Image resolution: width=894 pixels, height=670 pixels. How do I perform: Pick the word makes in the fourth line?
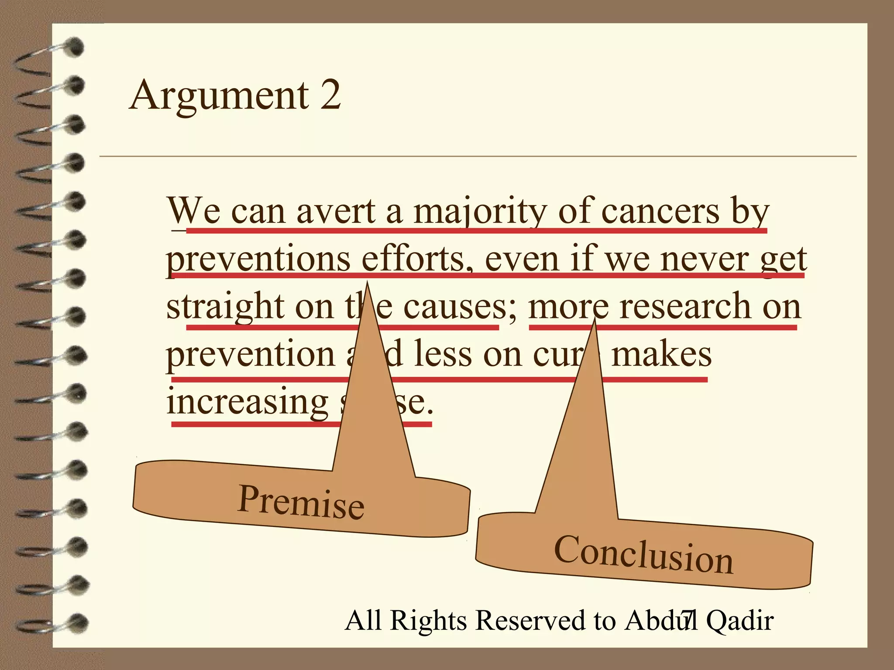click(x=661, y=354)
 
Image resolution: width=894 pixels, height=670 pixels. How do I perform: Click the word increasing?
click(x=247, y=402)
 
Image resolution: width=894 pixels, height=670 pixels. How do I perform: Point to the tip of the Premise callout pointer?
click(x=367, y=283)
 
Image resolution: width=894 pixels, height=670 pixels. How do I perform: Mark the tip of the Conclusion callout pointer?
click(x=594, y=319)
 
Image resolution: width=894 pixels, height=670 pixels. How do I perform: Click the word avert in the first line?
click(x=336, y=212)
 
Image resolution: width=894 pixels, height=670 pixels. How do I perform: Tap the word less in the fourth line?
click(x=443, y=354)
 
